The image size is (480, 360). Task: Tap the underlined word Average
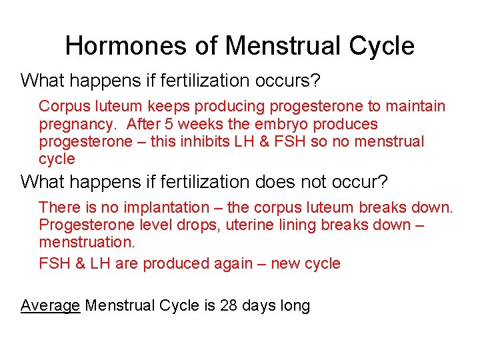point(51,305)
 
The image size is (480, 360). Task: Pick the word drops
point(199,225)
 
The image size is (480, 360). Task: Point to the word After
point(141,124)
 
